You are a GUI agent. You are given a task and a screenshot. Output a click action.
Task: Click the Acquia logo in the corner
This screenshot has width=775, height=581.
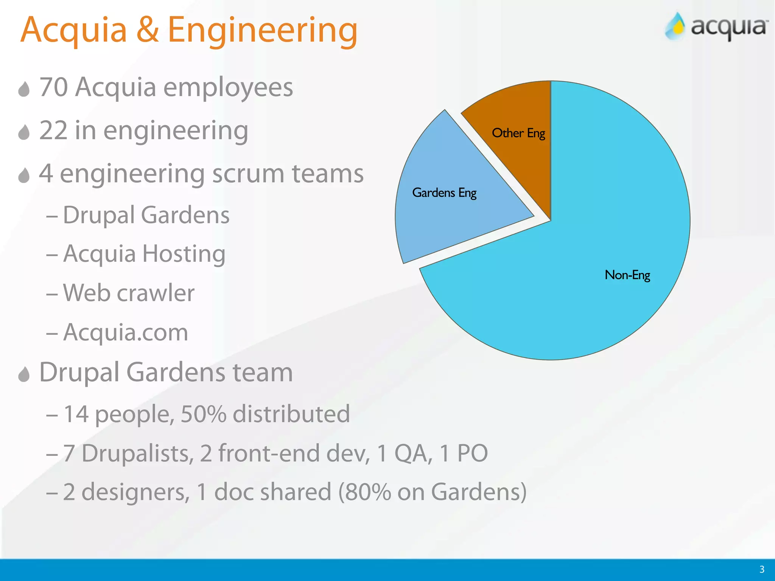coord(716,26)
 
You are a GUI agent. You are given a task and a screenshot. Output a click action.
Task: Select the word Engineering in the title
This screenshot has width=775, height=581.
coord(262,31)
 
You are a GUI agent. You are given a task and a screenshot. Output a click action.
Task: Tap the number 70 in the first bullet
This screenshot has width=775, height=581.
coord(53,87)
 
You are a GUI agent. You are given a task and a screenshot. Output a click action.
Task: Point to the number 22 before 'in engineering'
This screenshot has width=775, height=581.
coord(53,130)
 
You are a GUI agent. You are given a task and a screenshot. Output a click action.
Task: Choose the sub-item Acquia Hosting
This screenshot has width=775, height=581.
coord(144,253)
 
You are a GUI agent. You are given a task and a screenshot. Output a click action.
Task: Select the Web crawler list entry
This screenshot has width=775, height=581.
coord(129,293)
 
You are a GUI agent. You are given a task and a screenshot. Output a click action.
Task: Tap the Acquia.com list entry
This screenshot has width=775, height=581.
coord(125,332)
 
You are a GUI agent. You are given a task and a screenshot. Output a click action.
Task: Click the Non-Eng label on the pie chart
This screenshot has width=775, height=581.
coord(627,275)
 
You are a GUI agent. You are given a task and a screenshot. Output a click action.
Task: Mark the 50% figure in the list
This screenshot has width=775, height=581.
coord(204,414)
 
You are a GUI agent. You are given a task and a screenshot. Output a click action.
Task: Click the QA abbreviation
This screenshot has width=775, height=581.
coord(413,453)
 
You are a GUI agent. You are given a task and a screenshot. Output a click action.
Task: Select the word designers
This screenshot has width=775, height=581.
coord(135,492)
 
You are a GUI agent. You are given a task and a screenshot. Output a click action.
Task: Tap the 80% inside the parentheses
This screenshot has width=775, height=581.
coord(367,492)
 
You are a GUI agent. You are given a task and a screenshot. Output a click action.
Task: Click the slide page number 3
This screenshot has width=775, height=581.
coord(762,569)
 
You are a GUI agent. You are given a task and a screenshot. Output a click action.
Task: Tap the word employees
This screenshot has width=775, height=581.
coord(228,88)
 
